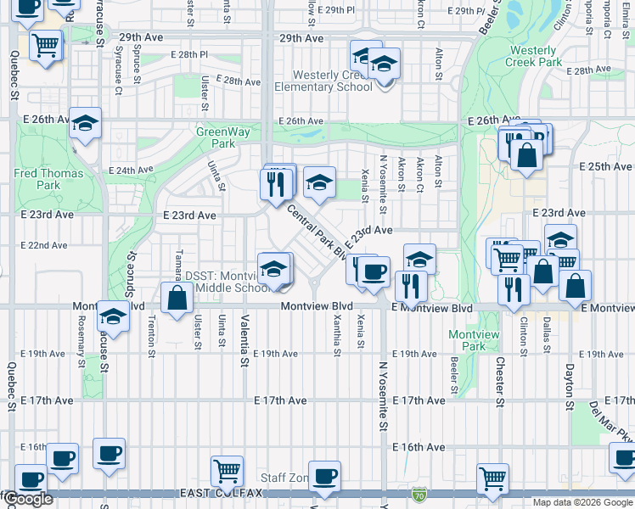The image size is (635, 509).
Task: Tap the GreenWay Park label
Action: tap(216, 137)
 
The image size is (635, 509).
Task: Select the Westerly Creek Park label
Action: tap(533, 56)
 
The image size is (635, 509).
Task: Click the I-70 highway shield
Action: tap(419, 493)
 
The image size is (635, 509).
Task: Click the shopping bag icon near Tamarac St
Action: tap(177, 299)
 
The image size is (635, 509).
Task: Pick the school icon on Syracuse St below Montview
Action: tap(113, 316)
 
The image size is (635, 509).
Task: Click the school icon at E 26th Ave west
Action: tap(85, 122)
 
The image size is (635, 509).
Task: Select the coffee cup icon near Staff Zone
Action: tap(323, 476)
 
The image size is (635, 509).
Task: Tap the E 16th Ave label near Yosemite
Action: tap(419, 447)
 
